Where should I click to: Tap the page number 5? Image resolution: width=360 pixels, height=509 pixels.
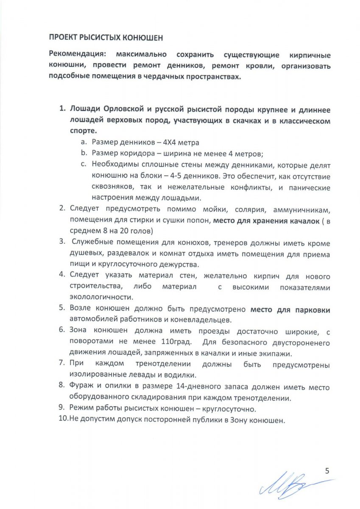(x=327, y=470)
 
